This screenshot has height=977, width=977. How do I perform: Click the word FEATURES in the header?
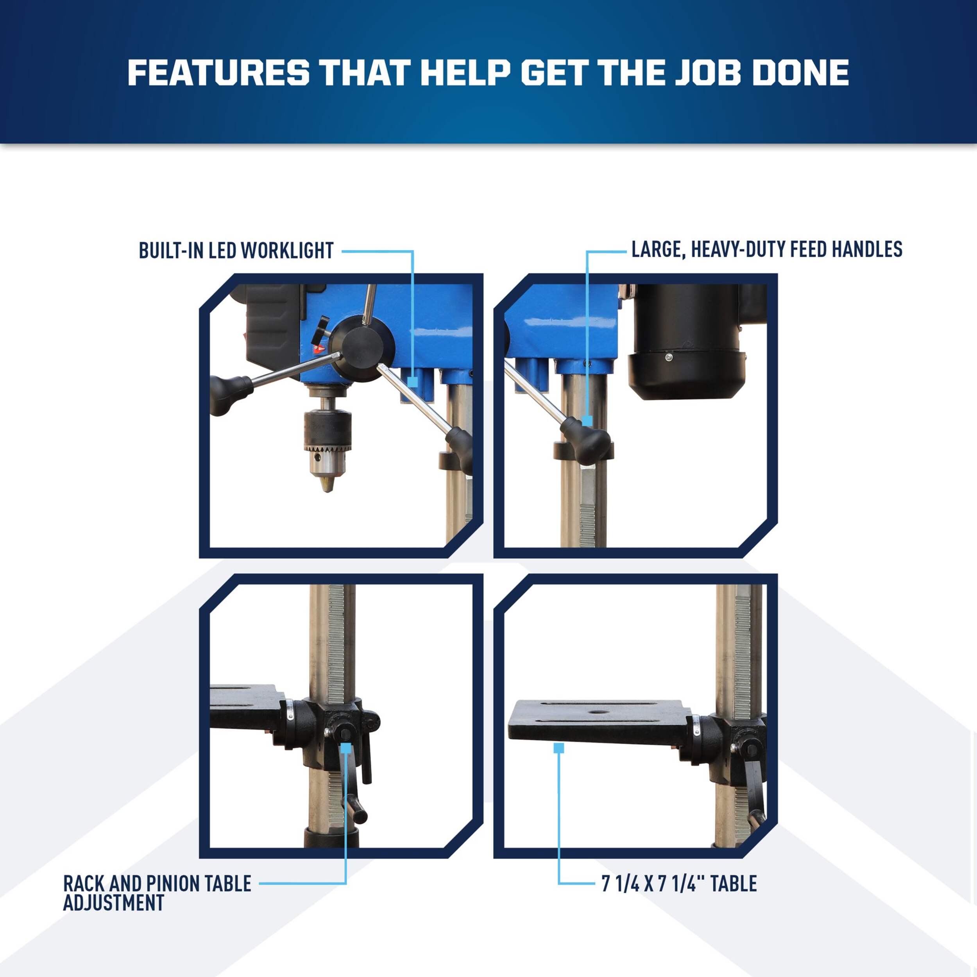[x=218, y=72]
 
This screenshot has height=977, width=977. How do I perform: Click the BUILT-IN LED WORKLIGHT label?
[x=236, y=251]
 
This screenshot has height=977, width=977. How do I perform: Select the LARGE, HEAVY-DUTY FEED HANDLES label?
[x=767, y=249]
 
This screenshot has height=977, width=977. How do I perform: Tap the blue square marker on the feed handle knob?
[x=587, y=420]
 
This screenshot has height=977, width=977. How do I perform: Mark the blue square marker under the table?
[x=558, y=748]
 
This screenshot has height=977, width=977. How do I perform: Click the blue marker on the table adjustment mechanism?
[x=346, y=748]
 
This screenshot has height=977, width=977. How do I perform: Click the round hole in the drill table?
[x=599, y=712]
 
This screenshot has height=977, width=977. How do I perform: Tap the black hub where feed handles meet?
[x=361, y=349]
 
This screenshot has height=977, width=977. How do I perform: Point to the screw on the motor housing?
[x=669, y=358]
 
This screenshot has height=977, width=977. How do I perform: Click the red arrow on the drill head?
[x=318, y=349]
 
